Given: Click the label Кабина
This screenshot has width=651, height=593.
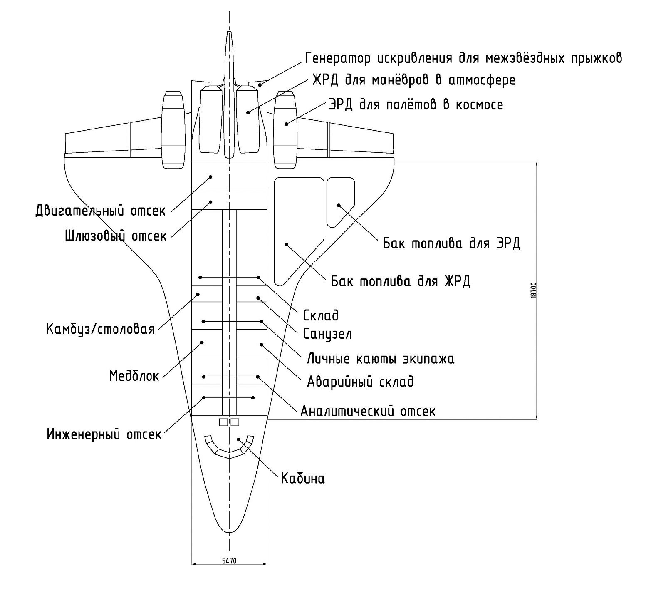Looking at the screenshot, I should (302, 479).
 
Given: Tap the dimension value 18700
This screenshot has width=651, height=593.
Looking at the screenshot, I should (535, 290).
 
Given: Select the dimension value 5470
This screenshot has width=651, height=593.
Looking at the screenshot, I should (229, 561).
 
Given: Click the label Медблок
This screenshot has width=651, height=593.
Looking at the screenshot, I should (134, 376).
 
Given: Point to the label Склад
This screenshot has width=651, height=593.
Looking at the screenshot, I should (321, 315).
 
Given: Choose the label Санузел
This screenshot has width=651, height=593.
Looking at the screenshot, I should (327, 334).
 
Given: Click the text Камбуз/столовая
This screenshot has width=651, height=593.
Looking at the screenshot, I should (100, 329).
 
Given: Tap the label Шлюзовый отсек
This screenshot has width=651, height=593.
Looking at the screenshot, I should (116, 236).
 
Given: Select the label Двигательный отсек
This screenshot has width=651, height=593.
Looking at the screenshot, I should (100, 211).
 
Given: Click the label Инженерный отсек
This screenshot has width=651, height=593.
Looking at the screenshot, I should (104, 435).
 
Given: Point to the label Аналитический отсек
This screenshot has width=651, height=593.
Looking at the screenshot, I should (368, 412).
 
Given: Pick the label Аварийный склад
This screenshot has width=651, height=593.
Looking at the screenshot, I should (360, 382).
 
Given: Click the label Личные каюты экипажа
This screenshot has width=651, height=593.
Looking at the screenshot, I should (381, 359).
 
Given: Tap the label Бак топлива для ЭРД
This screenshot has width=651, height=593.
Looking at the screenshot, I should (451, 243).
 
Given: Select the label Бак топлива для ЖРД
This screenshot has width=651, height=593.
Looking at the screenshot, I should (401, 282).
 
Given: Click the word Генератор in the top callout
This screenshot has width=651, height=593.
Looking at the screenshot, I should (338, 58).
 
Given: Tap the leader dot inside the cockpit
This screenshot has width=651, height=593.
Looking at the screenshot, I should (238, 439).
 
